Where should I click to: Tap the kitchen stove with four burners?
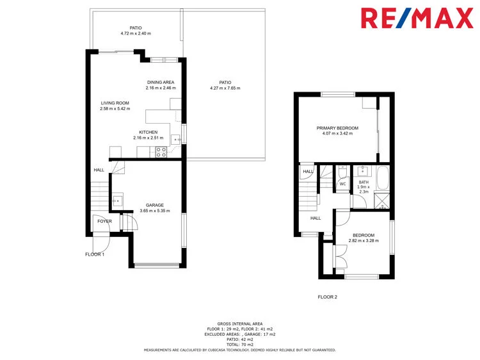coord(161,152)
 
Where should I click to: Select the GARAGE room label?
coord(155,205)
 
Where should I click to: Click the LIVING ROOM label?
coord(115,102)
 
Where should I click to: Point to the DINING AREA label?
coord(161,82)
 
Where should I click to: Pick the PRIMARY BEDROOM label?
coord(337,128)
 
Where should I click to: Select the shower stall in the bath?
coord(382,200)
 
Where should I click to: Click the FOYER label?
coord(104,221)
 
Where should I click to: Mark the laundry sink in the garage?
coord(118,200)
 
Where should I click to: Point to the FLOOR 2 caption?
coord(328,297)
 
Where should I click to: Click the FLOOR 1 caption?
coord(95,254)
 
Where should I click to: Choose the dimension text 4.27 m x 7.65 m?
coord(225,88)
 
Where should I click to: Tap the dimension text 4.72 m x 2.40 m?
coord(136,33)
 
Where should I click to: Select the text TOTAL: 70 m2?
coord(240,345)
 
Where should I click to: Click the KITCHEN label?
coord(148,132)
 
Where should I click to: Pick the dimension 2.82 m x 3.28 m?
coord(364,241)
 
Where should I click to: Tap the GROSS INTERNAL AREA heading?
coord(240,324)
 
